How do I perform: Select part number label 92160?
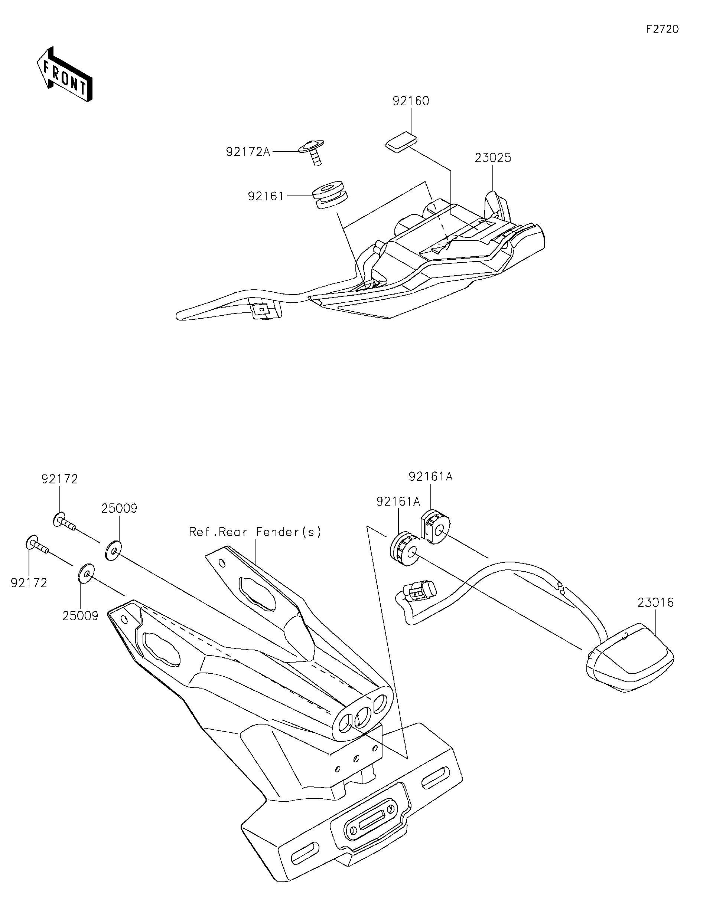click(x=411, y=101)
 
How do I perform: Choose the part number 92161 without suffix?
click(x=266, y=196)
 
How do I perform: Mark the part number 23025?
click(x=493, y=158)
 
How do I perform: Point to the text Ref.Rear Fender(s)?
click(x=255, y=532)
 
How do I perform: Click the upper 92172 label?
click(x=59, y=479)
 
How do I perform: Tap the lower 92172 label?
click(x=29, y=583)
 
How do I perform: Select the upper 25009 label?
click(x=119, y=509)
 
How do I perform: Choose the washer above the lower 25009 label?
click(x=86, y=575)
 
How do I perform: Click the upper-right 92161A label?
click(x=430, y=476)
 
